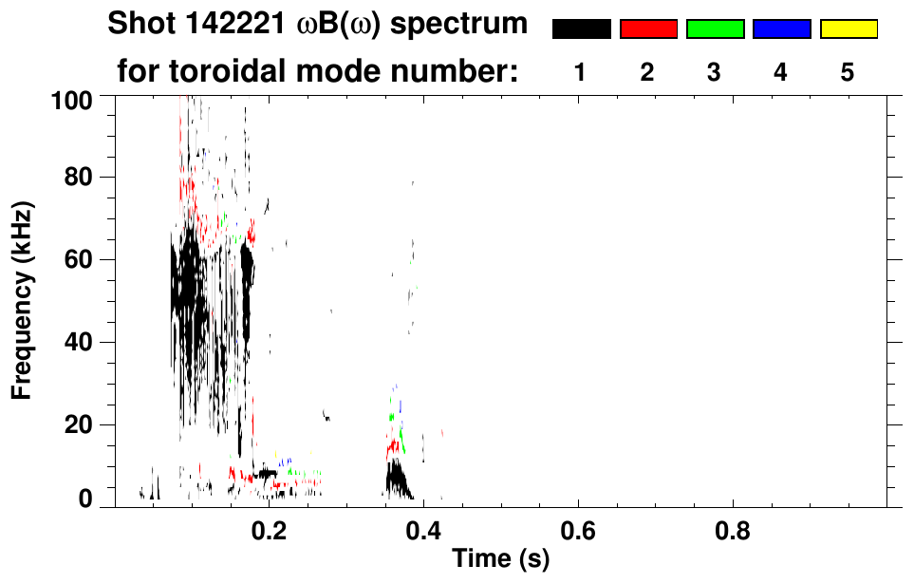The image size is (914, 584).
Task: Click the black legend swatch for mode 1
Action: [x=581, y=29]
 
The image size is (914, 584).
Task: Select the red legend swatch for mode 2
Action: [x=648, y=29]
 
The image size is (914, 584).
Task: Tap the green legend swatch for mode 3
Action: [x=715, y=29]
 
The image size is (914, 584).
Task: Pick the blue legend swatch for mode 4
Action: [x=781, y=29]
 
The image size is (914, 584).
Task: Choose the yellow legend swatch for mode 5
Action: [x=848, y=29]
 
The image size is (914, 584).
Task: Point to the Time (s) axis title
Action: [x=500, y=560]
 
